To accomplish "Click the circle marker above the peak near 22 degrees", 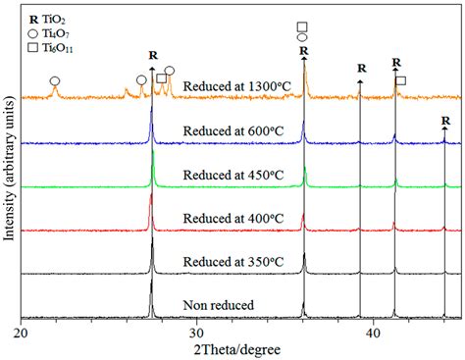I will click(x=55, y=79).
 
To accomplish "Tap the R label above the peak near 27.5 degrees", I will click(x=152, y=56).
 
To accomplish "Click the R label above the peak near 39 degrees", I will click(x=361, y=69).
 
